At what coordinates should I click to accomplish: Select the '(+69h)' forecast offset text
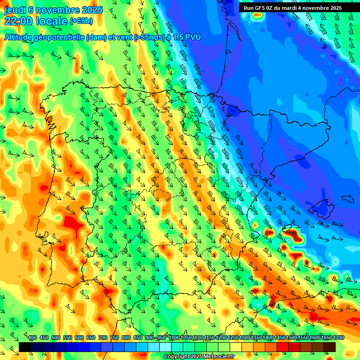point(81,21)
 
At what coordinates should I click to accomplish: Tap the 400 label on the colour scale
point(32,338)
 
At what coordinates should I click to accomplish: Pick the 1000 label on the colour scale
point(174,338)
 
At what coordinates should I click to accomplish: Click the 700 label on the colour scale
point(103,338)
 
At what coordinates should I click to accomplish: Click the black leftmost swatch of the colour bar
point(25,347)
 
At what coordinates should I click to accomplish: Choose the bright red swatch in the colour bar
point(283,347)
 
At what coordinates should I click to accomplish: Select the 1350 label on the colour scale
point(256,338)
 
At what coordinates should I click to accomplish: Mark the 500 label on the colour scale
point(56,338)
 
